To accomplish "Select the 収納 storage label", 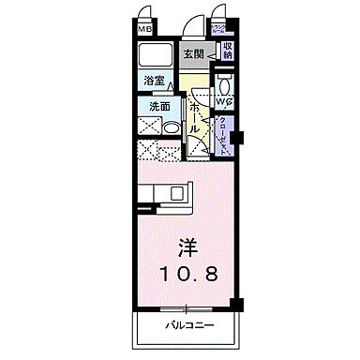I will click(x=227, y=51).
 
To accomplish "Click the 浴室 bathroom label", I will click(x=155, y=82).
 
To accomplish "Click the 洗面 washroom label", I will click(x=159, y=106).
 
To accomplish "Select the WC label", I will click(x=225, y=100).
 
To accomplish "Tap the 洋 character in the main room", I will click(x=187, y=249).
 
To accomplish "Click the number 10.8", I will click(x=187, y=276).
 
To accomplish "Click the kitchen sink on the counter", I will click(x=176, y=193).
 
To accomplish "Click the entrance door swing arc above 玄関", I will click(x=192, y=26).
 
